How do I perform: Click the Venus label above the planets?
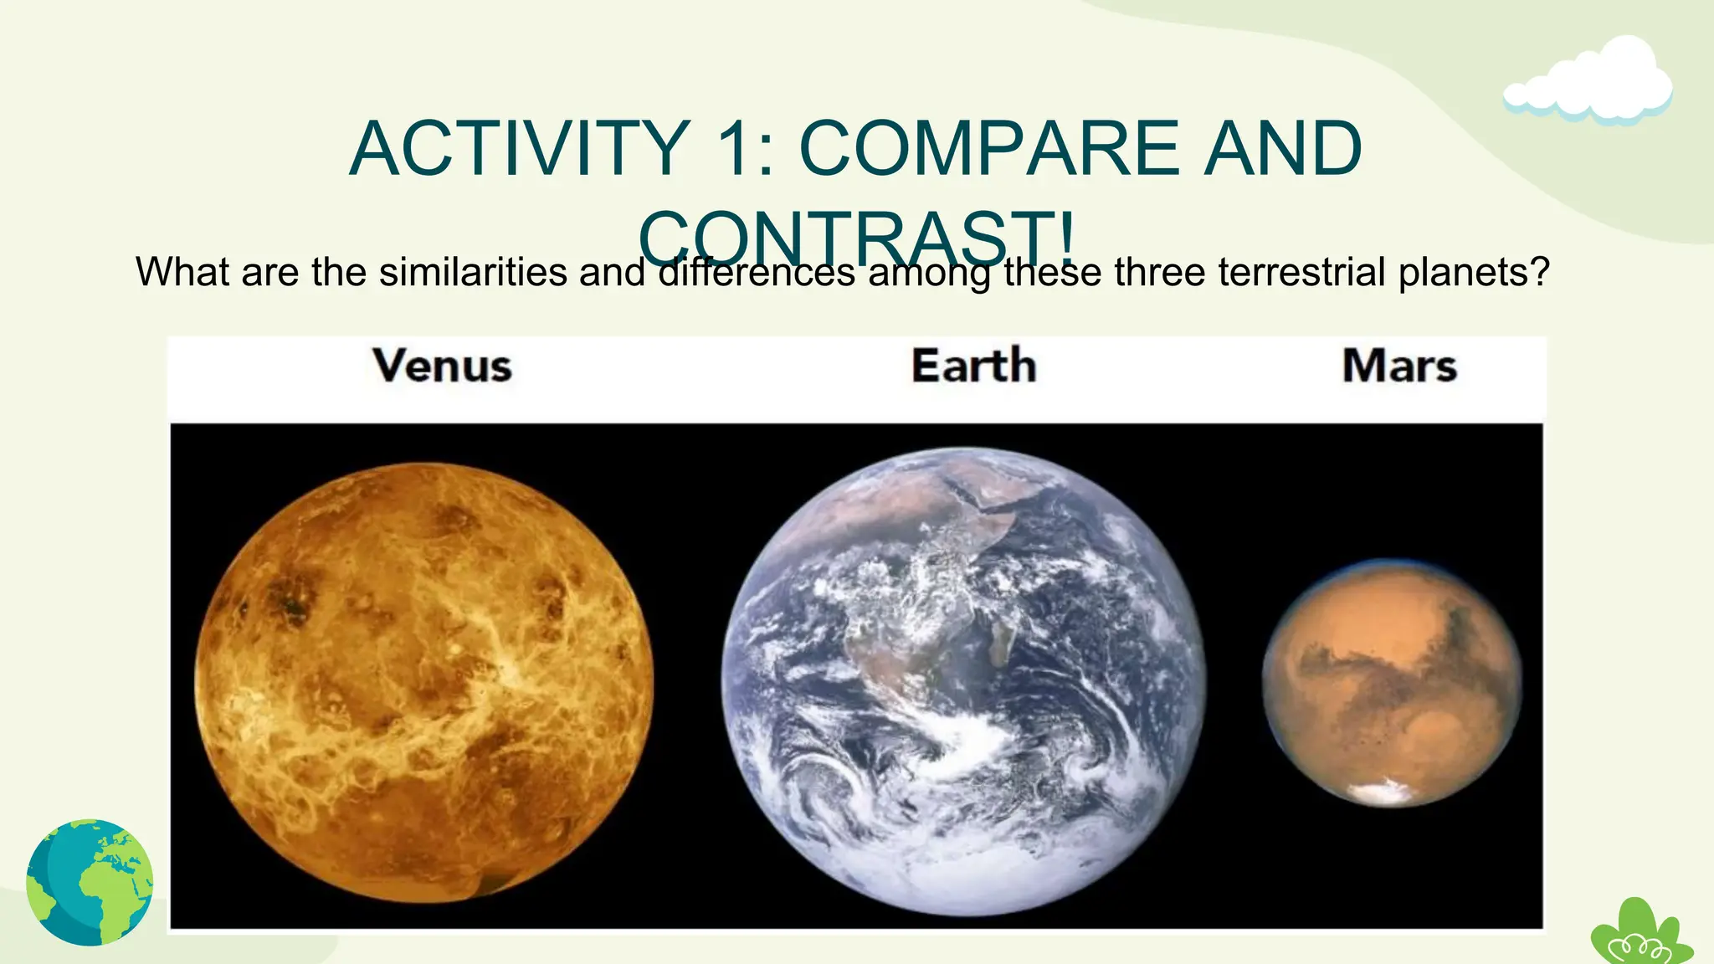(x=442, y=367)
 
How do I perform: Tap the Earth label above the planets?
(x=973, y=367)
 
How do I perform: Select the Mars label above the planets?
(x=1399, y=367)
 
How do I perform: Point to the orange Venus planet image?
(x=423, y=682)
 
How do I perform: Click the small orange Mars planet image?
(x=1391, y=682)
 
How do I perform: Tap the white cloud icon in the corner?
(x=1588, y=84)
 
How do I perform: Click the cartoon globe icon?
(x=90, y=882)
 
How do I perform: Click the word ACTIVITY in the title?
(x=519, y=149)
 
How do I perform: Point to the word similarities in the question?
(x=473, y=272)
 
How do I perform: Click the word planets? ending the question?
(x=1475, y=272)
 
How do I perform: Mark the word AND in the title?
(x=1282, y=149)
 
